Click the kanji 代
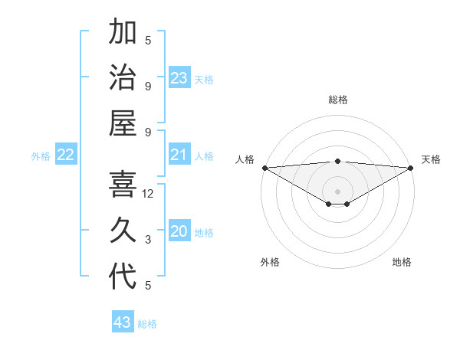[x=123, y=277]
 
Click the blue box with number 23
[x=179, y=78]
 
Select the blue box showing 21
[x=179, y=155]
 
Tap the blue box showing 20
[x=179, y=231]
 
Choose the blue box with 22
[x=66, y=155]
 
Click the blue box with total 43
[x=122, y=322]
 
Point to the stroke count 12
[x=148, y=195]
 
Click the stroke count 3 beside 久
[x=148, y=241]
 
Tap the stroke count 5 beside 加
[x=148, y=41]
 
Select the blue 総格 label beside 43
[x=147, y=324]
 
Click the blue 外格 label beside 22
[x=41, y=156]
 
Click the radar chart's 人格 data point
[x=264, y=168]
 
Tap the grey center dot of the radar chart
[x=337, y=191]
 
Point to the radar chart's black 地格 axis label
[x=402, y=262]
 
